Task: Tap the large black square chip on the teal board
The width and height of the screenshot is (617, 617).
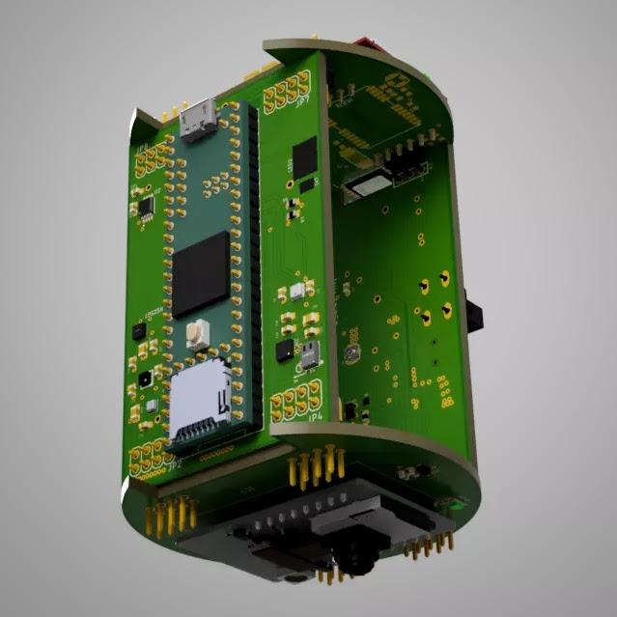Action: pos(201,274)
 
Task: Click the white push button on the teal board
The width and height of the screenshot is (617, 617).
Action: pos(198,334)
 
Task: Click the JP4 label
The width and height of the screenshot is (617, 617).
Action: pos(314,418)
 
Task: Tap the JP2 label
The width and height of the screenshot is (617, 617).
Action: pos(174,465)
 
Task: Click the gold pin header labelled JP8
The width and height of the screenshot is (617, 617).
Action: pos(151,164)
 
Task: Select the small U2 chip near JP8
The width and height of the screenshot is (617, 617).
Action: pos(146,206)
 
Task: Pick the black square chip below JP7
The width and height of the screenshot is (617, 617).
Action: pos(304,156)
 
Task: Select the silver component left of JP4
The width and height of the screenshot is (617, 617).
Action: pos(309,356)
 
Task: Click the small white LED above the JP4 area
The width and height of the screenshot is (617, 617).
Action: pos(296,291)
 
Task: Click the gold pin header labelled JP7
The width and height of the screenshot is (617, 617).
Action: pos(287,94)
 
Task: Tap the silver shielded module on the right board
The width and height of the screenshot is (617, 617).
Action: pos(363,184)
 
